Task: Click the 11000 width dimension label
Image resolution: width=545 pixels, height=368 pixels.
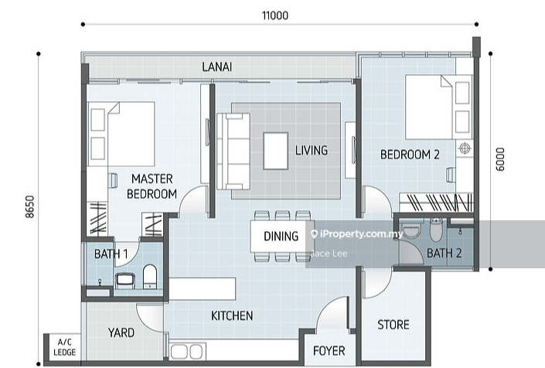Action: click(x=275, y=15)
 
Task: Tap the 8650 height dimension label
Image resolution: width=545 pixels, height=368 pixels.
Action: click(x=30, y=206)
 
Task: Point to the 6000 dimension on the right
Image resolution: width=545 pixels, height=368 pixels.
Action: click(x=500, y=159)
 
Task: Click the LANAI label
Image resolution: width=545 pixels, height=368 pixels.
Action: click(x=217, y=66)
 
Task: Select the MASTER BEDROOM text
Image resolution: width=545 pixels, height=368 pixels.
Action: click(x=152, y=186)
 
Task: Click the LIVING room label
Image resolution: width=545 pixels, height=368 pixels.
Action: click(x=312, y=150)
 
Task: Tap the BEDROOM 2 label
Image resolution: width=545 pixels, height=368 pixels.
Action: click(x=410, y=155)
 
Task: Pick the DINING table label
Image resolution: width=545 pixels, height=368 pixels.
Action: click(x=281, y=237)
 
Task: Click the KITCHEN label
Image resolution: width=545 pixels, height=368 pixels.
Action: click(x=232, y=315)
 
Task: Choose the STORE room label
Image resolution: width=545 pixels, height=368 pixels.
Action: click(x=393, y=325)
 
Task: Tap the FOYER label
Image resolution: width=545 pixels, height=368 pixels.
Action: click(x=329, y=351)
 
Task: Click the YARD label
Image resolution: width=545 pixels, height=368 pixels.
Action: click(x=121, y=332)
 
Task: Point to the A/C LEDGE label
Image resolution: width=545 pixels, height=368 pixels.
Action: click(x=65, y=347)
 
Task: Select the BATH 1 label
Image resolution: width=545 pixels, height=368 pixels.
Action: click(x=111, y=254)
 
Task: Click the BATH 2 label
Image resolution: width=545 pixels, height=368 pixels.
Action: click(x=445, y=253)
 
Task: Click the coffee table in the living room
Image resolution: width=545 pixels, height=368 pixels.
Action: click(x=276, y=151)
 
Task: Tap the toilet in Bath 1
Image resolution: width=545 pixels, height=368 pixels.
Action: click(x=150, y=277)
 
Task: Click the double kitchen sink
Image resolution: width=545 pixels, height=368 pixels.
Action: click(x=187, y=351)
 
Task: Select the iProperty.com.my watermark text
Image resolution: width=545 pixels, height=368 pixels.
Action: click(x=358, y=234)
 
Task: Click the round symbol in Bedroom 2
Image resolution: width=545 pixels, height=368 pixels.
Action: click(x=465, y=148)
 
